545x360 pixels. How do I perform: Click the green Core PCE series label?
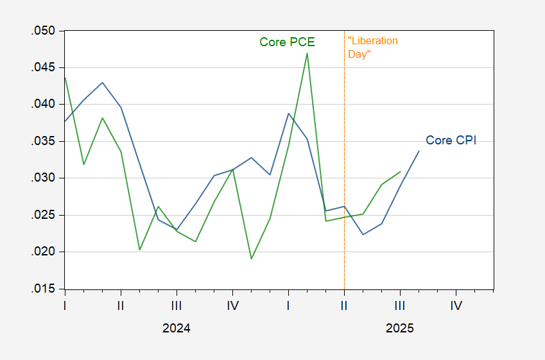[287, 42]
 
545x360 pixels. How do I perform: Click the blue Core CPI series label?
[451, 141]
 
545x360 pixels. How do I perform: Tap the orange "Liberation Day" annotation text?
[372, 47]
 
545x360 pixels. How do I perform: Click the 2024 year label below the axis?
[176, 328]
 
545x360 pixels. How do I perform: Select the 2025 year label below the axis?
[399, 328]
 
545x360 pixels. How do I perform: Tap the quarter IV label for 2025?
[456, 305]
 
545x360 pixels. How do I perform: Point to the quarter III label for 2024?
[177, 305]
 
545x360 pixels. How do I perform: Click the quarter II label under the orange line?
[344, 305]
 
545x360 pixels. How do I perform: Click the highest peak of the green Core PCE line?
[307, 53]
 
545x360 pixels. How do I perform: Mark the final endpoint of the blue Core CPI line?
[419, 151]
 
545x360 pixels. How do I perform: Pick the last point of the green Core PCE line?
[401, 171]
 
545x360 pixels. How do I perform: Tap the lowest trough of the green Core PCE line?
[251, 259]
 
